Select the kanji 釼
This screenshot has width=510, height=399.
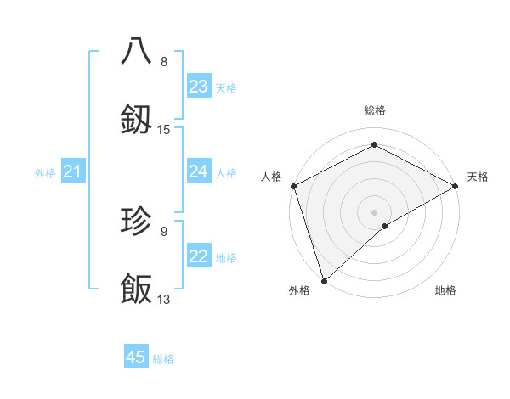pos(136,121)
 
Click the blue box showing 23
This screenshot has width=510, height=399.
pos(199,87)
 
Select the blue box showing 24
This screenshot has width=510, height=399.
pos(199,171)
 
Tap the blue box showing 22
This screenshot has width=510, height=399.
pos(199,257)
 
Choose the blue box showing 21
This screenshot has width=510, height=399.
pos(73,172)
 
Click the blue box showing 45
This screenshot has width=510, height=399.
pos(136,357)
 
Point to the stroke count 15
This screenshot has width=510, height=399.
pos(164,130)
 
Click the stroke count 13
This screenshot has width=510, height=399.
pos(164,300)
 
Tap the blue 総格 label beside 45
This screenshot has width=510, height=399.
pos(163,359)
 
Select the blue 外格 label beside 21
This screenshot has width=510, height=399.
pos(45,173)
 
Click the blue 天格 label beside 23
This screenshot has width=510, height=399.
pos(226,87)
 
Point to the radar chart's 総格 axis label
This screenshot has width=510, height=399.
pos(375,110)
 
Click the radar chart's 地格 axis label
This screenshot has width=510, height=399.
pos(445,290)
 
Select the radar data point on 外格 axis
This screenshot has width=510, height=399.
pos(323,280)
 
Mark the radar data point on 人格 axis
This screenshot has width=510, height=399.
pos(293,186)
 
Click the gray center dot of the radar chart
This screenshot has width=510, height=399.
pos(374,211)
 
